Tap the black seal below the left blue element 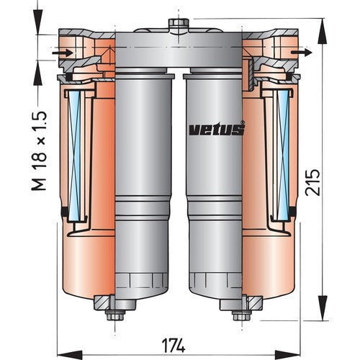tap(66, 210)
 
